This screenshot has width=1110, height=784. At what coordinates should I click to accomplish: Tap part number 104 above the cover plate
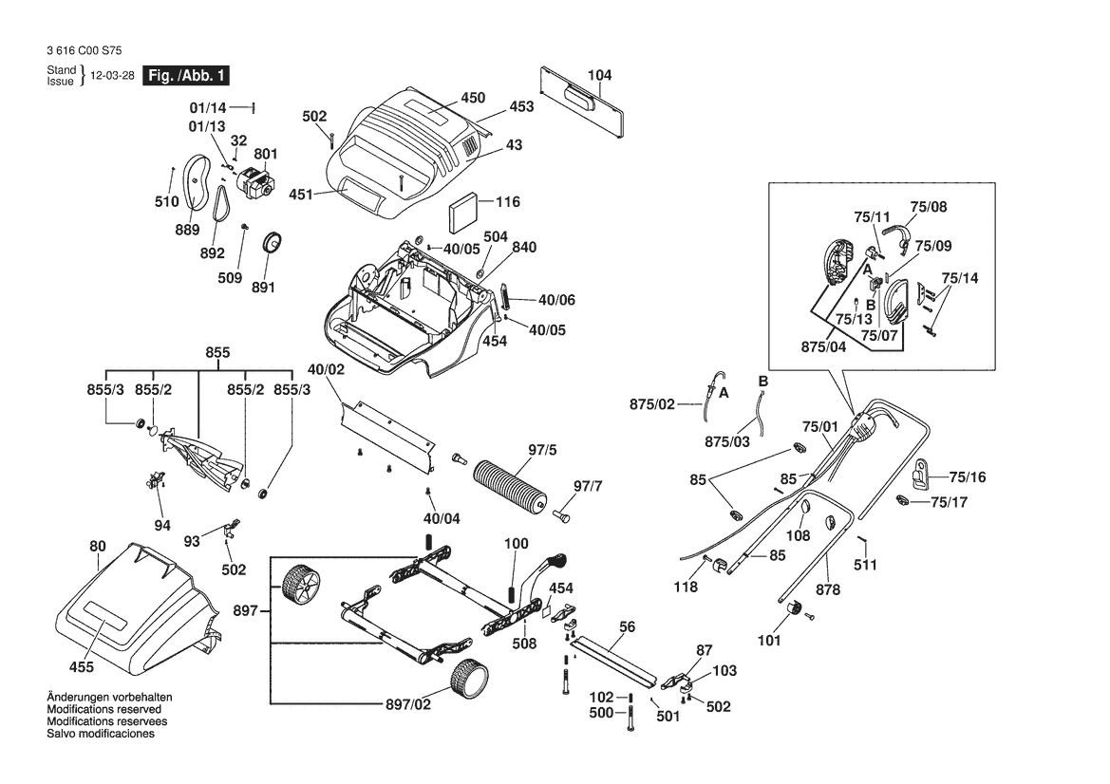(x=600, y=75)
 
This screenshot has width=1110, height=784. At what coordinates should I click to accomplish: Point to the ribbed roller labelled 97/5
(x=512, y=485)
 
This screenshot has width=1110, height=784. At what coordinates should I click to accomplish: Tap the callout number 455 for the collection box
(x=82, y=667)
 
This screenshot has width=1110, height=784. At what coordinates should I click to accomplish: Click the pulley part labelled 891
(x=275, y=242)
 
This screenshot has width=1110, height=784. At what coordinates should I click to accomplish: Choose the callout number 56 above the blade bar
(x=627, y=627)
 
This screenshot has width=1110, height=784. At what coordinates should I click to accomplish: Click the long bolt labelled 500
(x=629, y=725)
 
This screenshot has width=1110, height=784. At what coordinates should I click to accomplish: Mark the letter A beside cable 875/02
(x=724, y=391)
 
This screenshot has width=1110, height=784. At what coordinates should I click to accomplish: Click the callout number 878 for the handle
(x=828, y=589)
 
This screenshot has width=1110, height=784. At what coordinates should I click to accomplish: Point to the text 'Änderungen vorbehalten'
(x=109, y=697)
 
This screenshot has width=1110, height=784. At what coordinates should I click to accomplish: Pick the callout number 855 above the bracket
(x=217, y=352)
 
